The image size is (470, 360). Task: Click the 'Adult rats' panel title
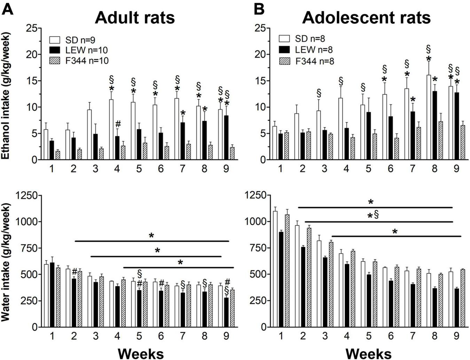[x=135, y=17]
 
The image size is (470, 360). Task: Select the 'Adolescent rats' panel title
[x=366, y=17]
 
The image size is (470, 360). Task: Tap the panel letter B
[x=259, y=9]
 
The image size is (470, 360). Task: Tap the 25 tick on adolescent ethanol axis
[x=260, y=28]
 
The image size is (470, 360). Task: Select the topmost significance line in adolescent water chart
[x=375, y=208]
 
